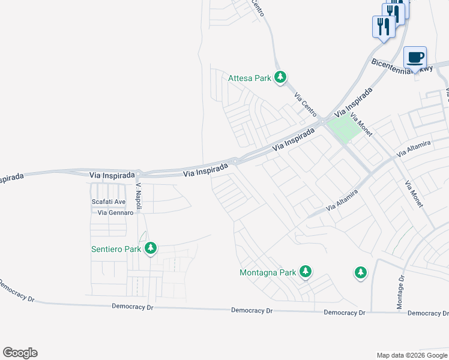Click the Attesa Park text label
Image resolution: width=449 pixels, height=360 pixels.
click(x=250, y=77)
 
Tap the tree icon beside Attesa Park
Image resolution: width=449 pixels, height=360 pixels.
click(x=280, y=77)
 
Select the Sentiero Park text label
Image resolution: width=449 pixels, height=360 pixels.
click(x=116, y=248)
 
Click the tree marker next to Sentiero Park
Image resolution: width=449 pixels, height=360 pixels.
click(x=151, y=248)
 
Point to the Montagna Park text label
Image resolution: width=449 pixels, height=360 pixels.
click(x=268, y=272)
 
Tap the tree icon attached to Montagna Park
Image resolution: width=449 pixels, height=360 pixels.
click(x=306, y=272)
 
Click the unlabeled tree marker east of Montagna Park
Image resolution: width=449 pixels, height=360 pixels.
click(x=360, y=272)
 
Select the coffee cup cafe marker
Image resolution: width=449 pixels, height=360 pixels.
click(x=415, y=58)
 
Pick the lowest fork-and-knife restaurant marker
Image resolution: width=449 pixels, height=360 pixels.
click(x=384, y=27)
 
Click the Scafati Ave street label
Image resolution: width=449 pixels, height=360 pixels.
click(x=109, y=202)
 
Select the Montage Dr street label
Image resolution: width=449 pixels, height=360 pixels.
click(x=400, y=293)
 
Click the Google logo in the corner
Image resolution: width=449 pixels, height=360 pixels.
click(x=20, y=353)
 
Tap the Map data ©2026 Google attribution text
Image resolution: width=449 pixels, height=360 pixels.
click(x=411, y=355)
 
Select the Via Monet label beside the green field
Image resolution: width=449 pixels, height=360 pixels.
click(x=361, y=125)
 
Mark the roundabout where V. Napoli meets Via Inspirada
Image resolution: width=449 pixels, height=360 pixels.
click(x=139, y=173)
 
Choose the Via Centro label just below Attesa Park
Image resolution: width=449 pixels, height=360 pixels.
click(x=306, y=104)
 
